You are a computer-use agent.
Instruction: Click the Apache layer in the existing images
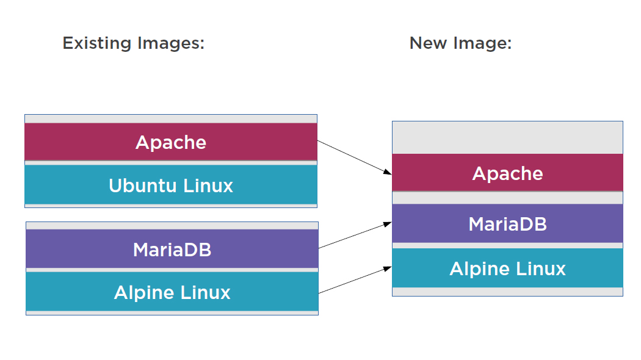(x=171, y=142)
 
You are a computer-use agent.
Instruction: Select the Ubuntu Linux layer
(x=171, y=185)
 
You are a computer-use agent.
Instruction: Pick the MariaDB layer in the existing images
(x=172, y=249)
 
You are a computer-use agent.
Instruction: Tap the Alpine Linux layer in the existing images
(x=172, y=292)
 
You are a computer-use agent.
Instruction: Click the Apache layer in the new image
(x=507, y=173)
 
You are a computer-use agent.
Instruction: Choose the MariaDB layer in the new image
(x=507, y=224)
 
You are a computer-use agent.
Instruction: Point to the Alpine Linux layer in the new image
(x=507, y=268)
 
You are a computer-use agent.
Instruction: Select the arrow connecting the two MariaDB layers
(x=354, y=236)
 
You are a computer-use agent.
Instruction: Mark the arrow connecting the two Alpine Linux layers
(x=354, y=280)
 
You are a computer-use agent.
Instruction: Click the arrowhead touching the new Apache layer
(x=388, y=173)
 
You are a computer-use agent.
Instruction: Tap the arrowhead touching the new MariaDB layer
(x=388, y=224)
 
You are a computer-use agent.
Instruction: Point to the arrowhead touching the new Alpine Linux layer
(x=388, y=268)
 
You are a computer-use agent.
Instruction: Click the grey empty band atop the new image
(x=507, y=137)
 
